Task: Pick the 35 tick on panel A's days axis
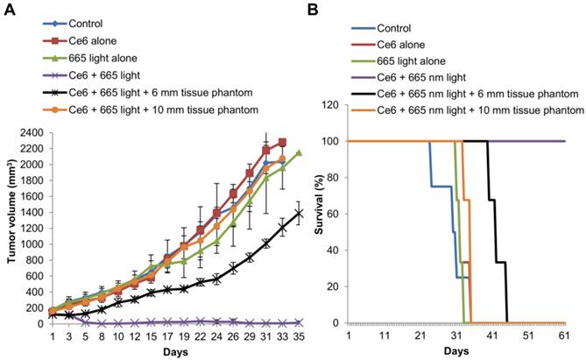tap(299, 335)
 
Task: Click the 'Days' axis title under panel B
tap(454, 350)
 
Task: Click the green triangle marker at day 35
tap(299, 152)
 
